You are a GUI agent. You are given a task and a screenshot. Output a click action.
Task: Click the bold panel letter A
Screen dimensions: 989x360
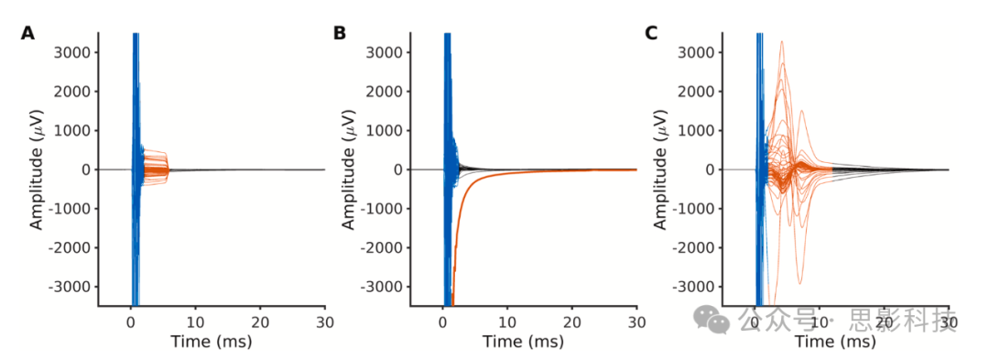click(x=27, y=33)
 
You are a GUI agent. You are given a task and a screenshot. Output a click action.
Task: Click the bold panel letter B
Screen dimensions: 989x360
click(x=340, y=33)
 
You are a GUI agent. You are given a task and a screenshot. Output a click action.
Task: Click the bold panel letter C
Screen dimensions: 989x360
click(x=652, y=33)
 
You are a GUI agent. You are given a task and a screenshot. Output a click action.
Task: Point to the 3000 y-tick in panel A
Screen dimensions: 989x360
click(x=76, y=52)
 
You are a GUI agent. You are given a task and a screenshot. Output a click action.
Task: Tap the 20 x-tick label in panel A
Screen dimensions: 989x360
click(x=260, y=322)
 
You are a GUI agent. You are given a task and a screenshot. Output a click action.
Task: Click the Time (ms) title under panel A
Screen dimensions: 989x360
click(x=212, y=342)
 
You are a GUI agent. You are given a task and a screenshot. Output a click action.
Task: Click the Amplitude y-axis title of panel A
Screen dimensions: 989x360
click(x=36, y=169)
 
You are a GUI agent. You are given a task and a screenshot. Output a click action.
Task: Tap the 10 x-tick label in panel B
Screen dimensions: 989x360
click(x=507, y=322)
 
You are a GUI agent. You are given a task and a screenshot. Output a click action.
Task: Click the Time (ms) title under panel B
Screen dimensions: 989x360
click(x=524, y=342)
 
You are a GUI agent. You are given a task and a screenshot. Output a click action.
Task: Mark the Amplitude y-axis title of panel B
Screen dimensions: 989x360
click(x=348, y=169)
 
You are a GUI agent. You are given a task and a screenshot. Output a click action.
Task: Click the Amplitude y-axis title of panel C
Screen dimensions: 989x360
click(x=659, y=169)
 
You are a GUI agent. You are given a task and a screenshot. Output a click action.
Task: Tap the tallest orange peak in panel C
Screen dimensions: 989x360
click(x=782, y=42)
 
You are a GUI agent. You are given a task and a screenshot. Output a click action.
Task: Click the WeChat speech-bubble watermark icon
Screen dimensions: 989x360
click(x=712, y=319)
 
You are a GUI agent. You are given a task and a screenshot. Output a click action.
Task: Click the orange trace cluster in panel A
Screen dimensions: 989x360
click(x=156, y=169)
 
